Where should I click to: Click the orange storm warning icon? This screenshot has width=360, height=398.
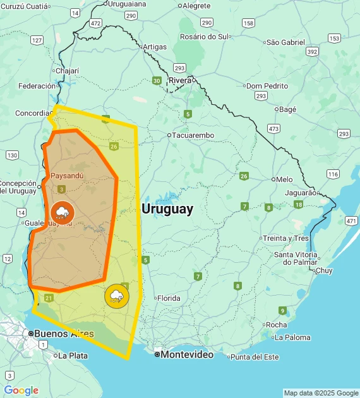click(62, 212)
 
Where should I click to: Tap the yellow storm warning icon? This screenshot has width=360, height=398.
click(117, 296)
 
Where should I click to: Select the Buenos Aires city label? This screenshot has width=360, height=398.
click(63, 334)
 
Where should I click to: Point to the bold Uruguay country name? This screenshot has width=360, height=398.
click(167, 209)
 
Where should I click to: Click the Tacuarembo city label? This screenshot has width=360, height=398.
click(193, 135)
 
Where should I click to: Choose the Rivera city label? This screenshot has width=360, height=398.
click(180, 80)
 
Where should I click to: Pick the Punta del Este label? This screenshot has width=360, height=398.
click(254, 357)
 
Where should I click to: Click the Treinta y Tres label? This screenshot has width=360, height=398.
click(285, 238)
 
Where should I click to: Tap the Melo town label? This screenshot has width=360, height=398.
click(284, 179)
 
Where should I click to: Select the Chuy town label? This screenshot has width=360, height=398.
click(323, 270)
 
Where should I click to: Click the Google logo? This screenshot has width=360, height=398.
click(21, 390)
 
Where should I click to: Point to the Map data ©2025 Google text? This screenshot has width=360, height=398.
click(320, 393)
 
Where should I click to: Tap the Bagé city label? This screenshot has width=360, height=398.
click(287, 109)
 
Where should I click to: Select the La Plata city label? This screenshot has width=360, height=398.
click(73, 356)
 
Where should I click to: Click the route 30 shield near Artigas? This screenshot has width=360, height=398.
click(156, 80)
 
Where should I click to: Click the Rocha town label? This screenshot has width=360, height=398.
click(276, 325)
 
